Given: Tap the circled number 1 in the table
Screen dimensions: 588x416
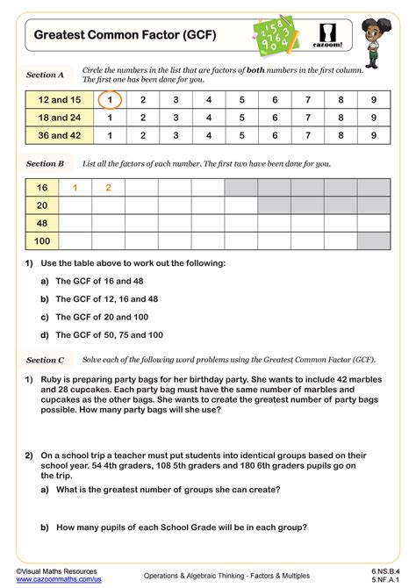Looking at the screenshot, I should click(109, 100).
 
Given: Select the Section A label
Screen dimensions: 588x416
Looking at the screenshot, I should click(46, 75).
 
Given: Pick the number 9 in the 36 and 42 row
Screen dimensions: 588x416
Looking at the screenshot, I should click(374, 135).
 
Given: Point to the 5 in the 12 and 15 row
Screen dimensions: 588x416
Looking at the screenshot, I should click(241, 100).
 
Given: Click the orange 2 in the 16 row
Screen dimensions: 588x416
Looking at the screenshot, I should click(108, 187).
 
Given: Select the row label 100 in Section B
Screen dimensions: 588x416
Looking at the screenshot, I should click(41, 240).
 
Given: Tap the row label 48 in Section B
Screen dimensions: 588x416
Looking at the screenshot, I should click(41, 222).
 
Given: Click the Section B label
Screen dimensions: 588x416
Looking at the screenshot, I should click(46, 163).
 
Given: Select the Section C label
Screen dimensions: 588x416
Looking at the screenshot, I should click(46, 360).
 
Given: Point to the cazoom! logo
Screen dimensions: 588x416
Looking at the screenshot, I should click(328, 36).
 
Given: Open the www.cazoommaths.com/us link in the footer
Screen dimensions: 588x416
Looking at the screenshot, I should click(58, 580).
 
